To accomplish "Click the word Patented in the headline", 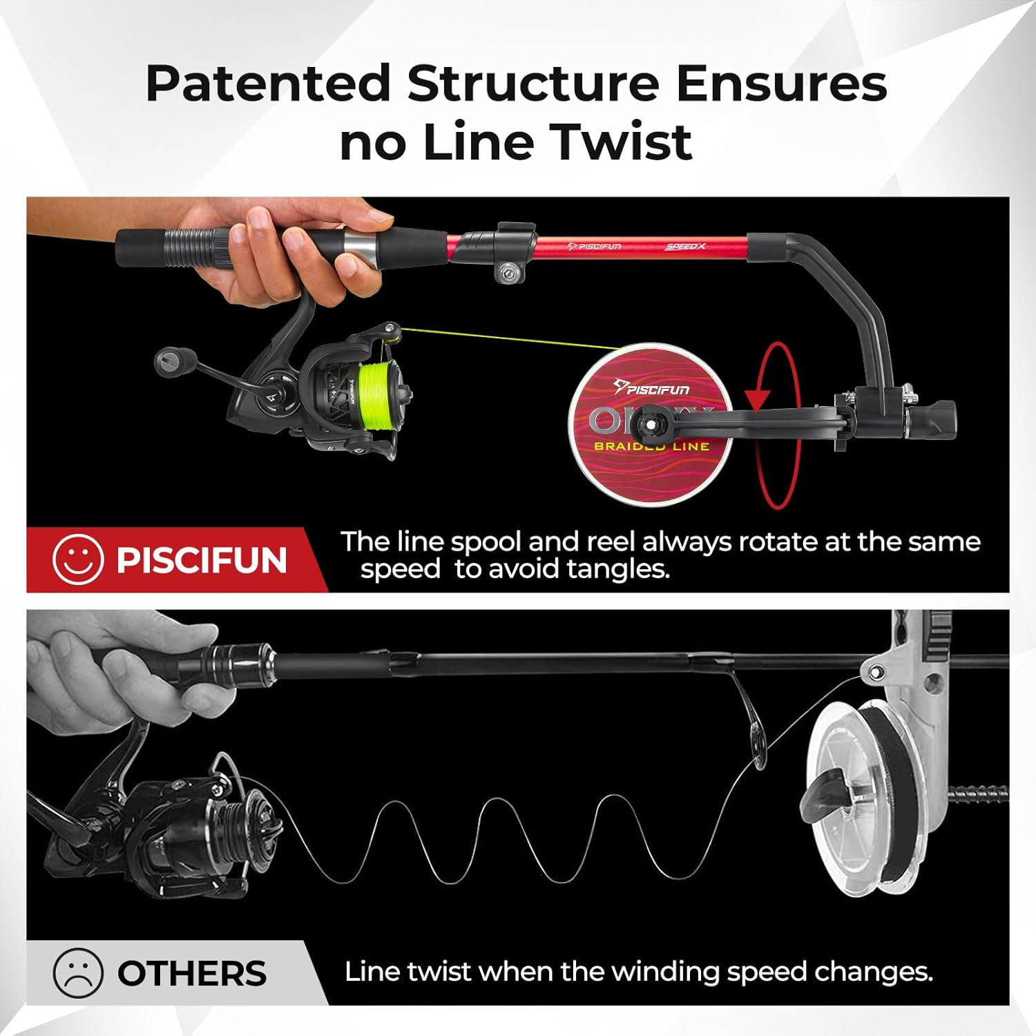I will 269,84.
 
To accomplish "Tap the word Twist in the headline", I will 624,142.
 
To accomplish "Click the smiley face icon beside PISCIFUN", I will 78,559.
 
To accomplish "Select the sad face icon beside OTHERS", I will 78,973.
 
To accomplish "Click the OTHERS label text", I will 191,974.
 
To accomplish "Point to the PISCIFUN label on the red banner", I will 201,559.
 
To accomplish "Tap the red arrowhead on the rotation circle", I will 758,399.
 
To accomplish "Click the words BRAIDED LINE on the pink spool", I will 651,447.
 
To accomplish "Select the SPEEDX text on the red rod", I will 684,246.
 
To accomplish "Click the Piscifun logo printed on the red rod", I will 594,246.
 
